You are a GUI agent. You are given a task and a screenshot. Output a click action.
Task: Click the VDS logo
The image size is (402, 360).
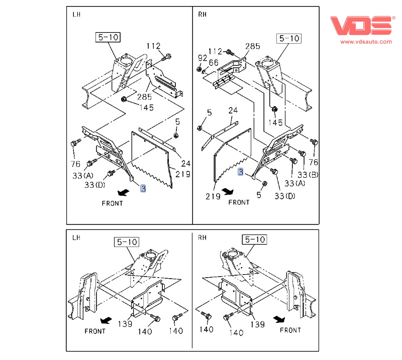(x=360, y=25)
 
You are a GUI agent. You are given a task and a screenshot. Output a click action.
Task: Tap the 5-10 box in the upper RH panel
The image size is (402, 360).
(x=288, y=38)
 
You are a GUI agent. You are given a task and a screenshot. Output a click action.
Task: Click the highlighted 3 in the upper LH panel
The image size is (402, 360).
(x=143, y=189)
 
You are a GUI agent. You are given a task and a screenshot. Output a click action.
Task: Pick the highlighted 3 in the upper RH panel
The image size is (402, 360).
(x=241, y=172)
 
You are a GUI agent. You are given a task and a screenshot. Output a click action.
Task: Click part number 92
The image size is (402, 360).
(x=202, y=58)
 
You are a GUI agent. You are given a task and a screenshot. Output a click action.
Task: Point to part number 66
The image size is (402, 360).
(x=214, y=63)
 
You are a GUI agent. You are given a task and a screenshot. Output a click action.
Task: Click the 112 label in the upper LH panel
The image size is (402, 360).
(x=153, y=46)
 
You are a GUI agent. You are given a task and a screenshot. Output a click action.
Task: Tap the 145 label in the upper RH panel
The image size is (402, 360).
(x=275, y=123)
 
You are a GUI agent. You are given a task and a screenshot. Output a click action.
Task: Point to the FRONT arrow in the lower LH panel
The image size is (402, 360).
(x=105, y=320)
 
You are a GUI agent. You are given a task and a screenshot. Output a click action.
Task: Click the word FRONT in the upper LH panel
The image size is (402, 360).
(x=112, y=203)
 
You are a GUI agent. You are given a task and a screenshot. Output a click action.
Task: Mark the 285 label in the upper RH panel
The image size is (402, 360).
(x=252, y=46)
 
